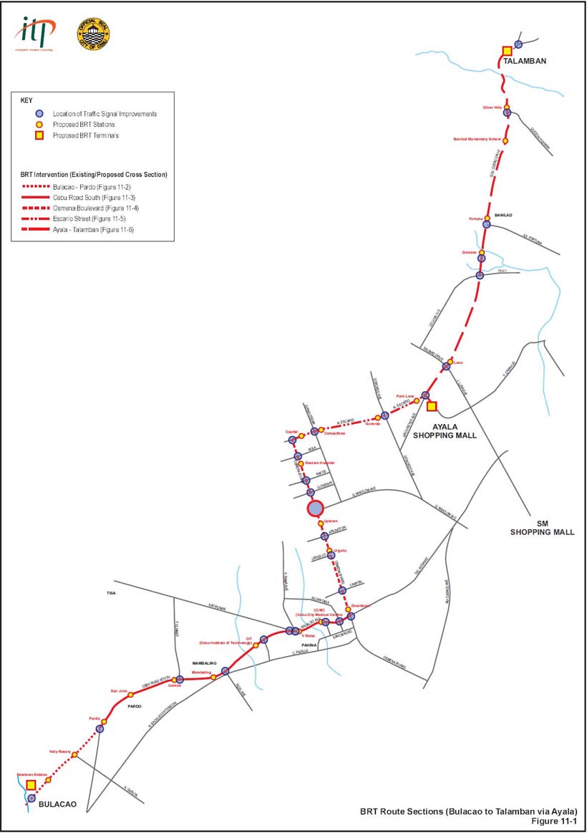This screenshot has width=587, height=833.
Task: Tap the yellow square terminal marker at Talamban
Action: pos(507,50)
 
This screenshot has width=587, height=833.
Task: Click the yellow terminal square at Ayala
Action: pos(432,406)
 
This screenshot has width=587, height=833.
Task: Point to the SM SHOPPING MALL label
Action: pos(542,528)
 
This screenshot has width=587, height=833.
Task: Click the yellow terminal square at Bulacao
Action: pos(31,785)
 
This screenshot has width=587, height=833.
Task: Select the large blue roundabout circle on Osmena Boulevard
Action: pos(315,509)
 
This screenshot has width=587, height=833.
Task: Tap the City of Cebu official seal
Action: pos(93,34)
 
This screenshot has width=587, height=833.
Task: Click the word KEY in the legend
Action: pos(26,101)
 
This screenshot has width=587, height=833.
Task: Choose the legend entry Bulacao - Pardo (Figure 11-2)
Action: pos(89,186)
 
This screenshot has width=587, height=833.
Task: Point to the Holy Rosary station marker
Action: pos(74,755)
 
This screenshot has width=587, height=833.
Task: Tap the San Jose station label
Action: pos(118,690)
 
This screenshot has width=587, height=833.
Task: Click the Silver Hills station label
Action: pos(495,107)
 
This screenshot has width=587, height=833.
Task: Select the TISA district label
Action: pos(111,594)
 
